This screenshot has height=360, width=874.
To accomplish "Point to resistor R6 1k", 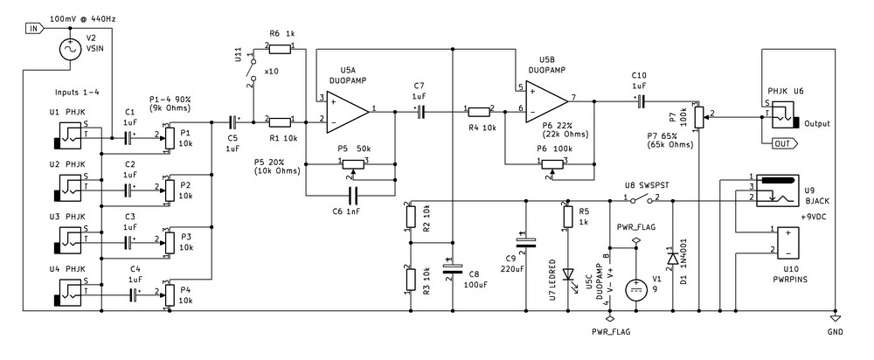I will [281, 44].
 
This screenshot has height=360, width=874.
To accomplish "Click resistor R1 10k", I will [281, 121].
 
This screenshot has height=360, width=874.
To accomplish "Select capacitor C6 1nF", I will [353, 194].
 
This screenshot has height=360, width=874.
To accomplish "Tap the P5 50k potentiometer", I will [353, 162].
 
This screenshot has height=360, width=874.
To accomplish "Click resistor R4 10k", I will [480, 112].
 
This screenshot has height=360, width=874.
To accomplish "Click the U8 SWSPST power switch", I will [642, 201].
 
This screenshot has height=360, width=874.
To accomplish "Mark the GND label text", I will [836, 333].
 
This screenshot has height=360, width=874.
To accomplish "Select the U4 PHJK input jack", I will [69, 290].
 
